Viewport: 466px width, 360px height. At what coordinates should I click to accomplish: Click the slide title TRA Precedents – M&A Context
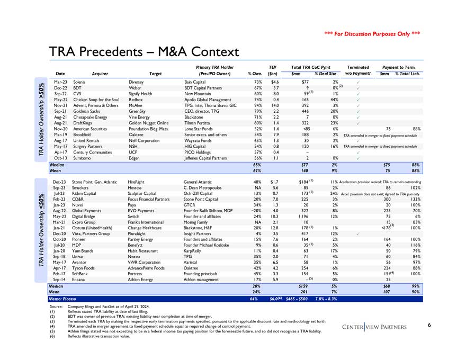[144, 51]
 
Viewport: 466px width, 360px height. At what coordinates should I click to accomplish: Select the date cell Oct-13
[60, 158]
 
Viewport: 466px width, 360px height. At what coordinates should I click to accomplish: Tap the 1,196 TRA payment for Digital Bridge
[305, 216]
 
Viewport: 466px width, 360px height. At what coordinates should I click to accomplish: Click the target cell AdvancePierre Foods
[150, 268]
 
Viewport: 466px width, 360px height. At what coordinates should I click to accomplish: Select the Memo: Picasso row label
[63, 299]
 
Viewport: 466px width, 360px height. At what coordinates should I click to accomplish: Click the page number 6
[430, 325]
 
